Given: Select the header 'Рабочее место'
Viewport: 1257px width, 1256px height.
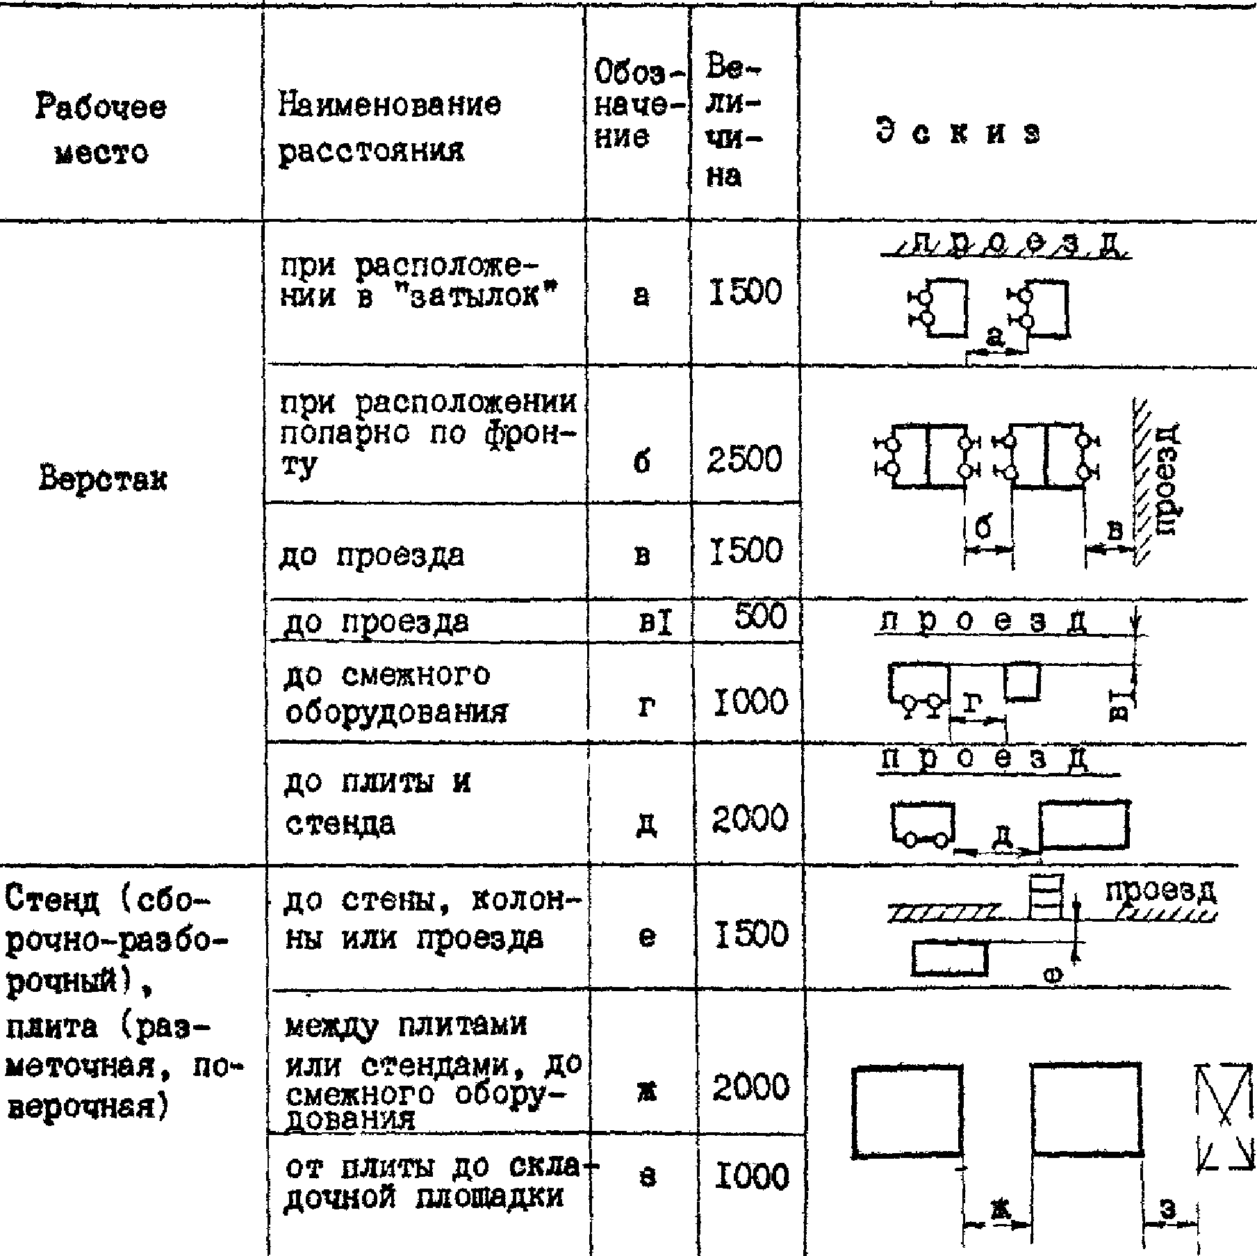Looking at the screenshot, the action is click(x=101, y=130).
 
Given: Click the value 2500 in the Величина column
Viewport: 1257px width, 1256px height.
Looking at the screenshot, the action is click(x=744, y=460).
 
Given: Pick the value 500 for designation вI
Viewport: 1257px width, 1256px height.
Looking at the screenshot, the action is click(x=760, y=617).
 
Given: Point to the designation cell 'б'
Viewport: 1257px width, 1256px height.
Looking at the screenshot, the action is click(x=642, y=462).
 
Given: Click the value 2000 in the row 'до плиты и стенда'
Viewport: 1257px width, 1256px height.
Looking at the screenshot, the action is click(x=750, y=819).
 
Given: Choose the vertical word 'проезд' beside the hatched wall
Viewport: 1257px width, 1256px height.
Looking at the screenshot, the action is click(x=1169, y=480).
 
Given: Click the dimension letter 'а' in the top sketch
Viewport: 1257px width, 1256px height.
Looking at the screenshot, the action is click(x=995, y=337).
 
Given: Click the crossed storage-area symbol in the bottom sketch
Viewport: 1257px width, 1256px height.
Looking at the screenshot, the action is click(x=1225, y=1125).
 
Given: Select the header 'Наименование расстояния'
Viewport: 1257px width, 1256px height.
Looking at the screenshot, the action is click(x=389, y=128).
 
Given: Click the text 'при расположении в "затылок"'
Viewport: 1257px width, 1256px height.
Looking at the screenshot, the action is click(x=410, y=282).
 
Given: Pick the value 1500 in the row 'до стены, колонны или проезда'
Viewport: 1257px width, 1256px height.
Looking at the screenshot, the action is click(x=750, y=933).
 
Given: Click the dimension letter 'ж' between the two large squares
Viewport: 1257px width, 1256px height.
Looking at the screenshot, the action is click(x=999, y=1212).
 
